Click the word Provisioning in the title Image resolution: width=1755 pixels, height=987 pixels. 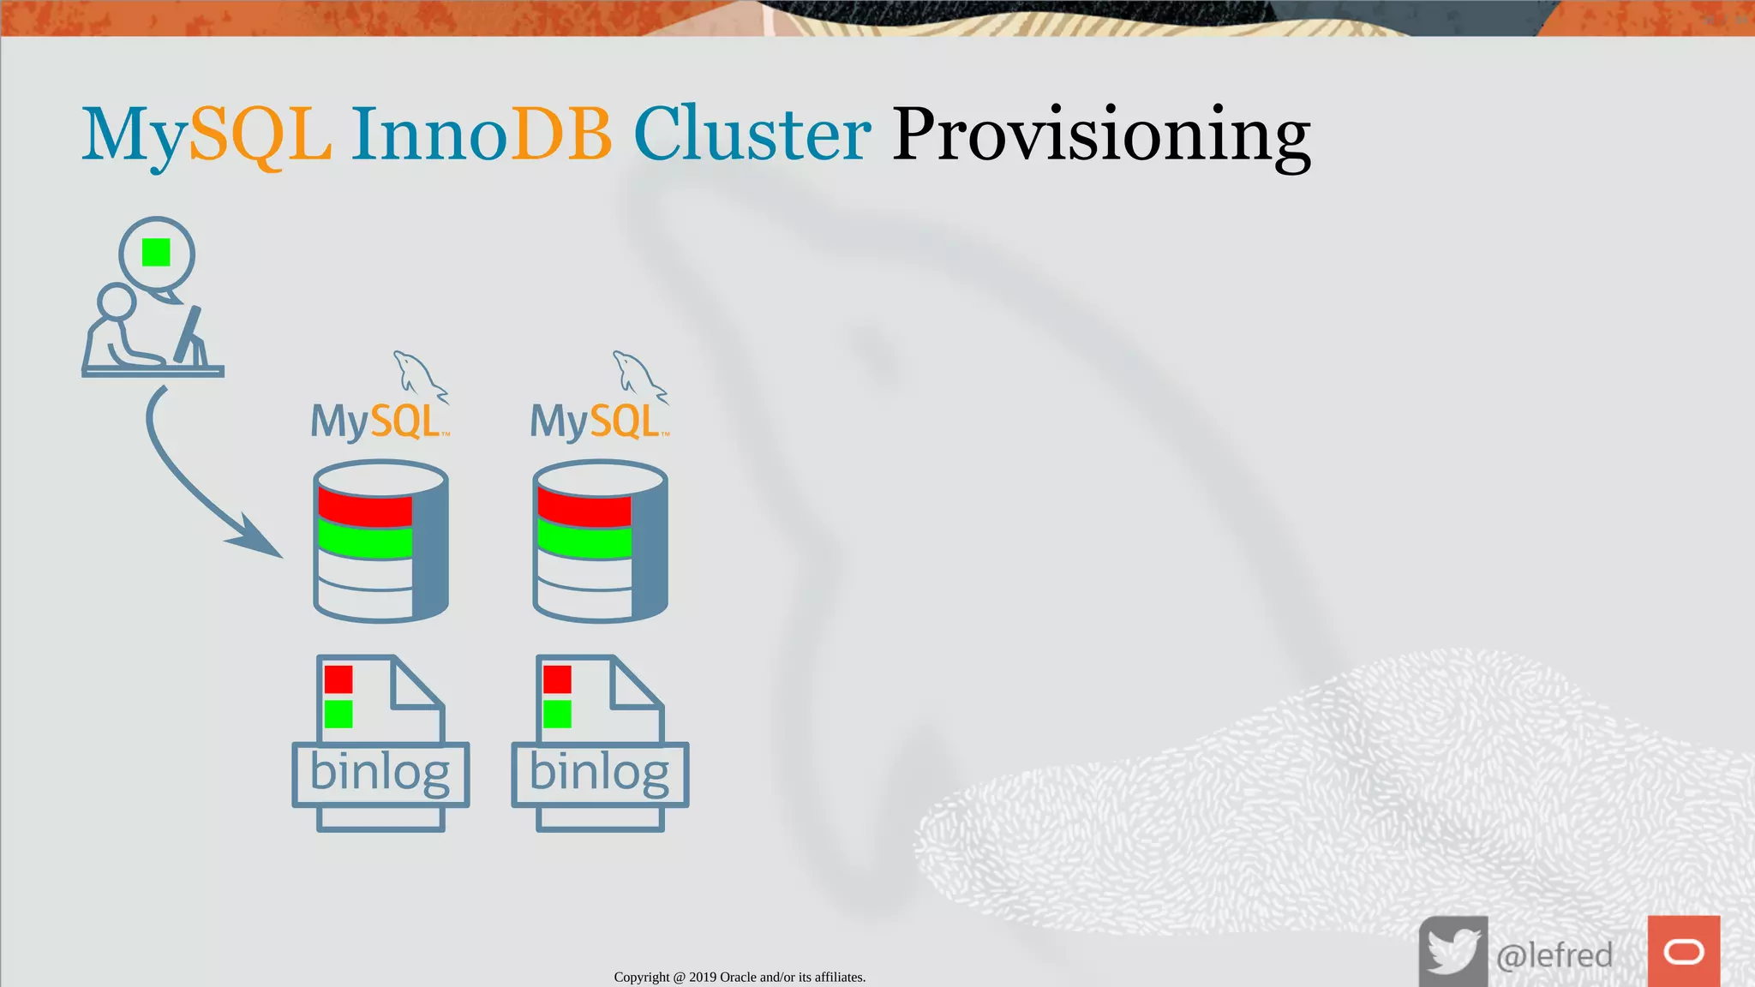coord(1100,135)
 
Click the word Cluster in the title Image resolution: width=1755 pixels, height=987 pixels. coord(752,135)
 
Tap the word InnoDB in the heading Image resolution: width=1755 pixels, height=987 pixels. coord(481,135)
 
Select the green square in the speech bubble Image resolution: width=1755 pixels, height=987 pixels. coord(156,253)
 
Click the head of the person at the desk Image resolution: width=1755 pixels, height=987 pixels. coord(117,302)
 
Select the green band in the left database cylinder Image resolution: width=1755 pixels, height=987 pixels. coord(365,541)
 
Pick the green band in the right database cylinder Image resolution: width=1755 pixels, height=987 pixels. coord(584,541)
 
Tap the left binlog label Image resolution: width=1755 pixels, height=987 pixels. coord(380,773)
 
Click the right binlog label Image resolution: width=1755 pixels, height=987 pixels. coord(600,773)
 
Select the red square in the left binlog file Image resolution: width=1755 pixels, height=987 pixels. coord(338,679)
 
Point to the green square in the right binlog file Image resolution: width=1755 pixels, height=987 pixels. coord(557,714)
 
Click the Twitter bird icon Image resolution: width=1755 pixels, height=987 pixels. coord(1453,951)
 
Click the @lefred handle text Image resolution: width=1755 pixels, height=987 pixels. coord(1554,954)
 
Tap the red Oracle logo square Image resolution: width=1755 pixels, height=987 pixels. coord(1683,951)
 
